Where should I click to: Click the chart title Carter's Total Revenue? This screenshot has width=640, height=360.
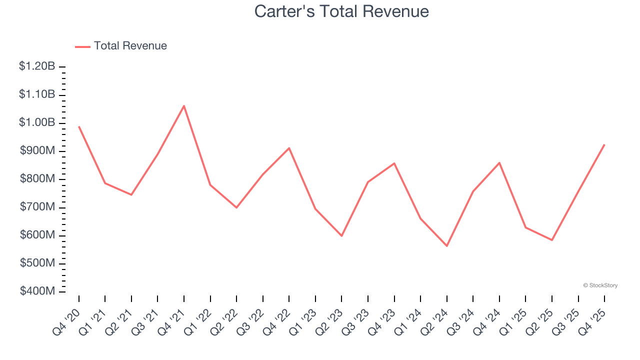(x=341, y=11)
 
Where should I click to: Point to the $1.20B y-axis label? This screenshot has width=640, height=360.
(x=37, y=66)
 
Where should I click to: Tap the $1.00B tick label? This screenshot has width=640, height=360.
(x=37, y=123)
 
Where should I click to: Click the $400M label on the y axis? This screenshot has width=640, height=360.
(x=37, y=291)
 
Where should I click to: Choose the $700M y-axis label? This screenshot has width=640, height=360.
(x=37, y=207)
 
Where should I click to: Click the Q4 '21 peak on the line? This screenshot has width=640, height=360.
(x=184, y=106)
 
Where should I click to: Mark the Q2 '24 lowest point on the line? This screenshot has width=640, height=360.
(x=446, y=246)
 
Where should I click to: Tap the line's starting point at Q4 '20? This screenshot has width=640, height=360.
(x=79, y=126)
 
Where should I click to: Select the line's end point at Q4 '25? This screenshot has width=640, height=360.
(x=604, y=145)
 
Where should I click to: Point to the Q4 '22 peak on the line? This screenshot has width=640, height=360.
(x=289, y=148)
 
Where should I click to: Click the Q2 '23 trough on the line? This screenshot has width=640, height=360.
(x=341, y=235)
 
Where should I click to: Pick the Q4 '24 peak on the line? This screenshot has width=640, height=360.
(x=499, y=163)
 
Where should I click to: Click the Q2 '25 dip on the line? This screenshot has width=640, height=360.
(x=552, y=240)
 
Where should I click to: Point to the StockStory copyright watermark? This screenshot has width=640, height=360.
(x=600, y=285)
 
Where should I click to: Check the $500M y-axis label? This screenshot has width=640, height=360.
(x=37, y=263)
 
